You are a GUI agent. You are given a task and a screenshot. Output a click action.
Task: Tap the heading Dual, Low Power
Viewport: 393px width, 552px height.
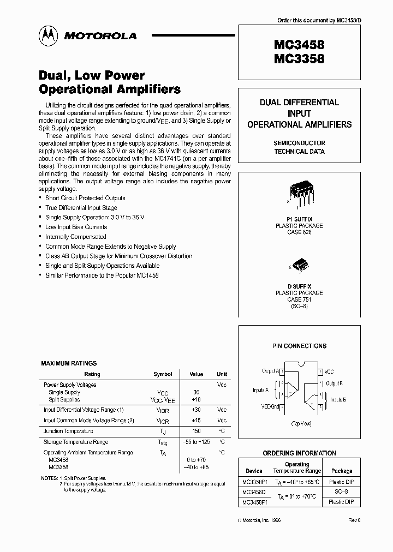(92, 75)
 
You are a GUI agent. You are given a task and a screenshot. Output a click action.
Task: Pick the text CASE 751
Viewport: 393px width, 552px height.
(299, 299)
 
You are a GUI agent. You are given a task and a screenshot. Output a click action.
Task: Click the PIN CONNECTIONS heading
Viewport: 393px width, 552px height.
(299, 346)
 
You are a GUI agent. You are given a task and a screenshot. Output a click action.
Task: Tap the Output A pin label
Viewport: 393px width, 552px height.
(270, 371)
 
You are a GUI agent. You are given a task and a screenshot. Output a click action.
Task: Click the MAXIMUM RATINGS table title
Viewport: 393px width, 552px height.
(69, 363)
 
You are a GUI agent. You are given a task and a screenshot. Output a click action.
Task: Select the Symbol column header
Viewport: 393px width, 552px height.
(163, 374)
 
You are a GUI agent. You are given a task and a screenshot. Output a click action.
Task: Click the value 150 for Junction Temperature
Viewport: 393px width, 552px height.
(196, 431)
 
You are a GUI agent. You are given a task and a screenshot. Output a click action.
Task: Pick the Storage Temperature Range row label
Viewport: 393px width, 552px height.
(76, 442)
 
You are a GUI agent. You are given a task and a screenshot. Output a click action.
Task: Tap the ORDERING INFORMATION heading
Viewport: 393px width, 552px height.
(299, 453)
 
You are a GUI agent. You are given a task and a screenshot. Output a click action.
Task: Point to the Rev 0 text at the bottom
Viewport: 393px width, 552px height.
(355, 521)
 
